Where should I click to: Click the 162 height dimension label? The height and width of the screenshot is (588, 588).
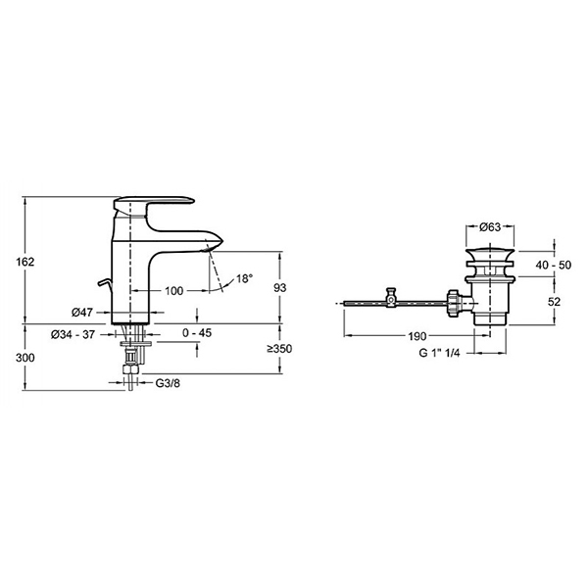25,262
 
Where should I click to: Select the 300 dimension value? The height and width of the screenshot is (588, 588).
25,358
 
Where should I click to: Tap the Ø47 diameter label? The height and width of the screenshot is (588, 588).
82,312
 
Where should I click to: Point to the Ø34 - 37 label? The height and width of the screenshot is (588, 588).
73,334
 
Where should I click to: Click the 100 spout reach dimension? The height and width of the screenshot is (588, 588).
174,291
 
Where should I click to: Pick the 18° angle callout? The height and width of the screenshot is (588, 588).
244,278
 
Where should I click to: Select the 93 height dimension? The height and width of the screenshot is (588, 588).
279,287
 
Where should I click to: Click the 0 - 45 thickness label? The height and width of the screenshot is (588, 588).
197,332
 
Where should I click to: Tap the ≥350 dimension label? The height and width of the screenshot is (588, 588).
279,349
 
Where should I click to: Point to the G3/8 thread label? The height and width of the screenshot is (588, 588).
168,383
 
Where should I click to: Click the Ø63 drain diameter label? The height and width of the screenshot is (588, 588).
490,226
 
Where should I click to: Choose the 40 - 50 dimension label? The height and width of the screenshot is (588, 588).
554,266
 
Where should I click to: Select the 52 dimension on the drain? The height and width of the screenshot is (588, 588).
554,302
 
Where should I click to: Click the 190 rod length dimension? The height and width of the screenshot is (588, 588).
417,336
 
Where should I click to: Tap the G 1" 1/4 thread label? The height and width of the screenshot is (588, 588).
439,353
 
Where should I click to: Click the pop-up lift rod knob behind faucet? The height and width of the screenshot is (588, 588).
104,283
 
